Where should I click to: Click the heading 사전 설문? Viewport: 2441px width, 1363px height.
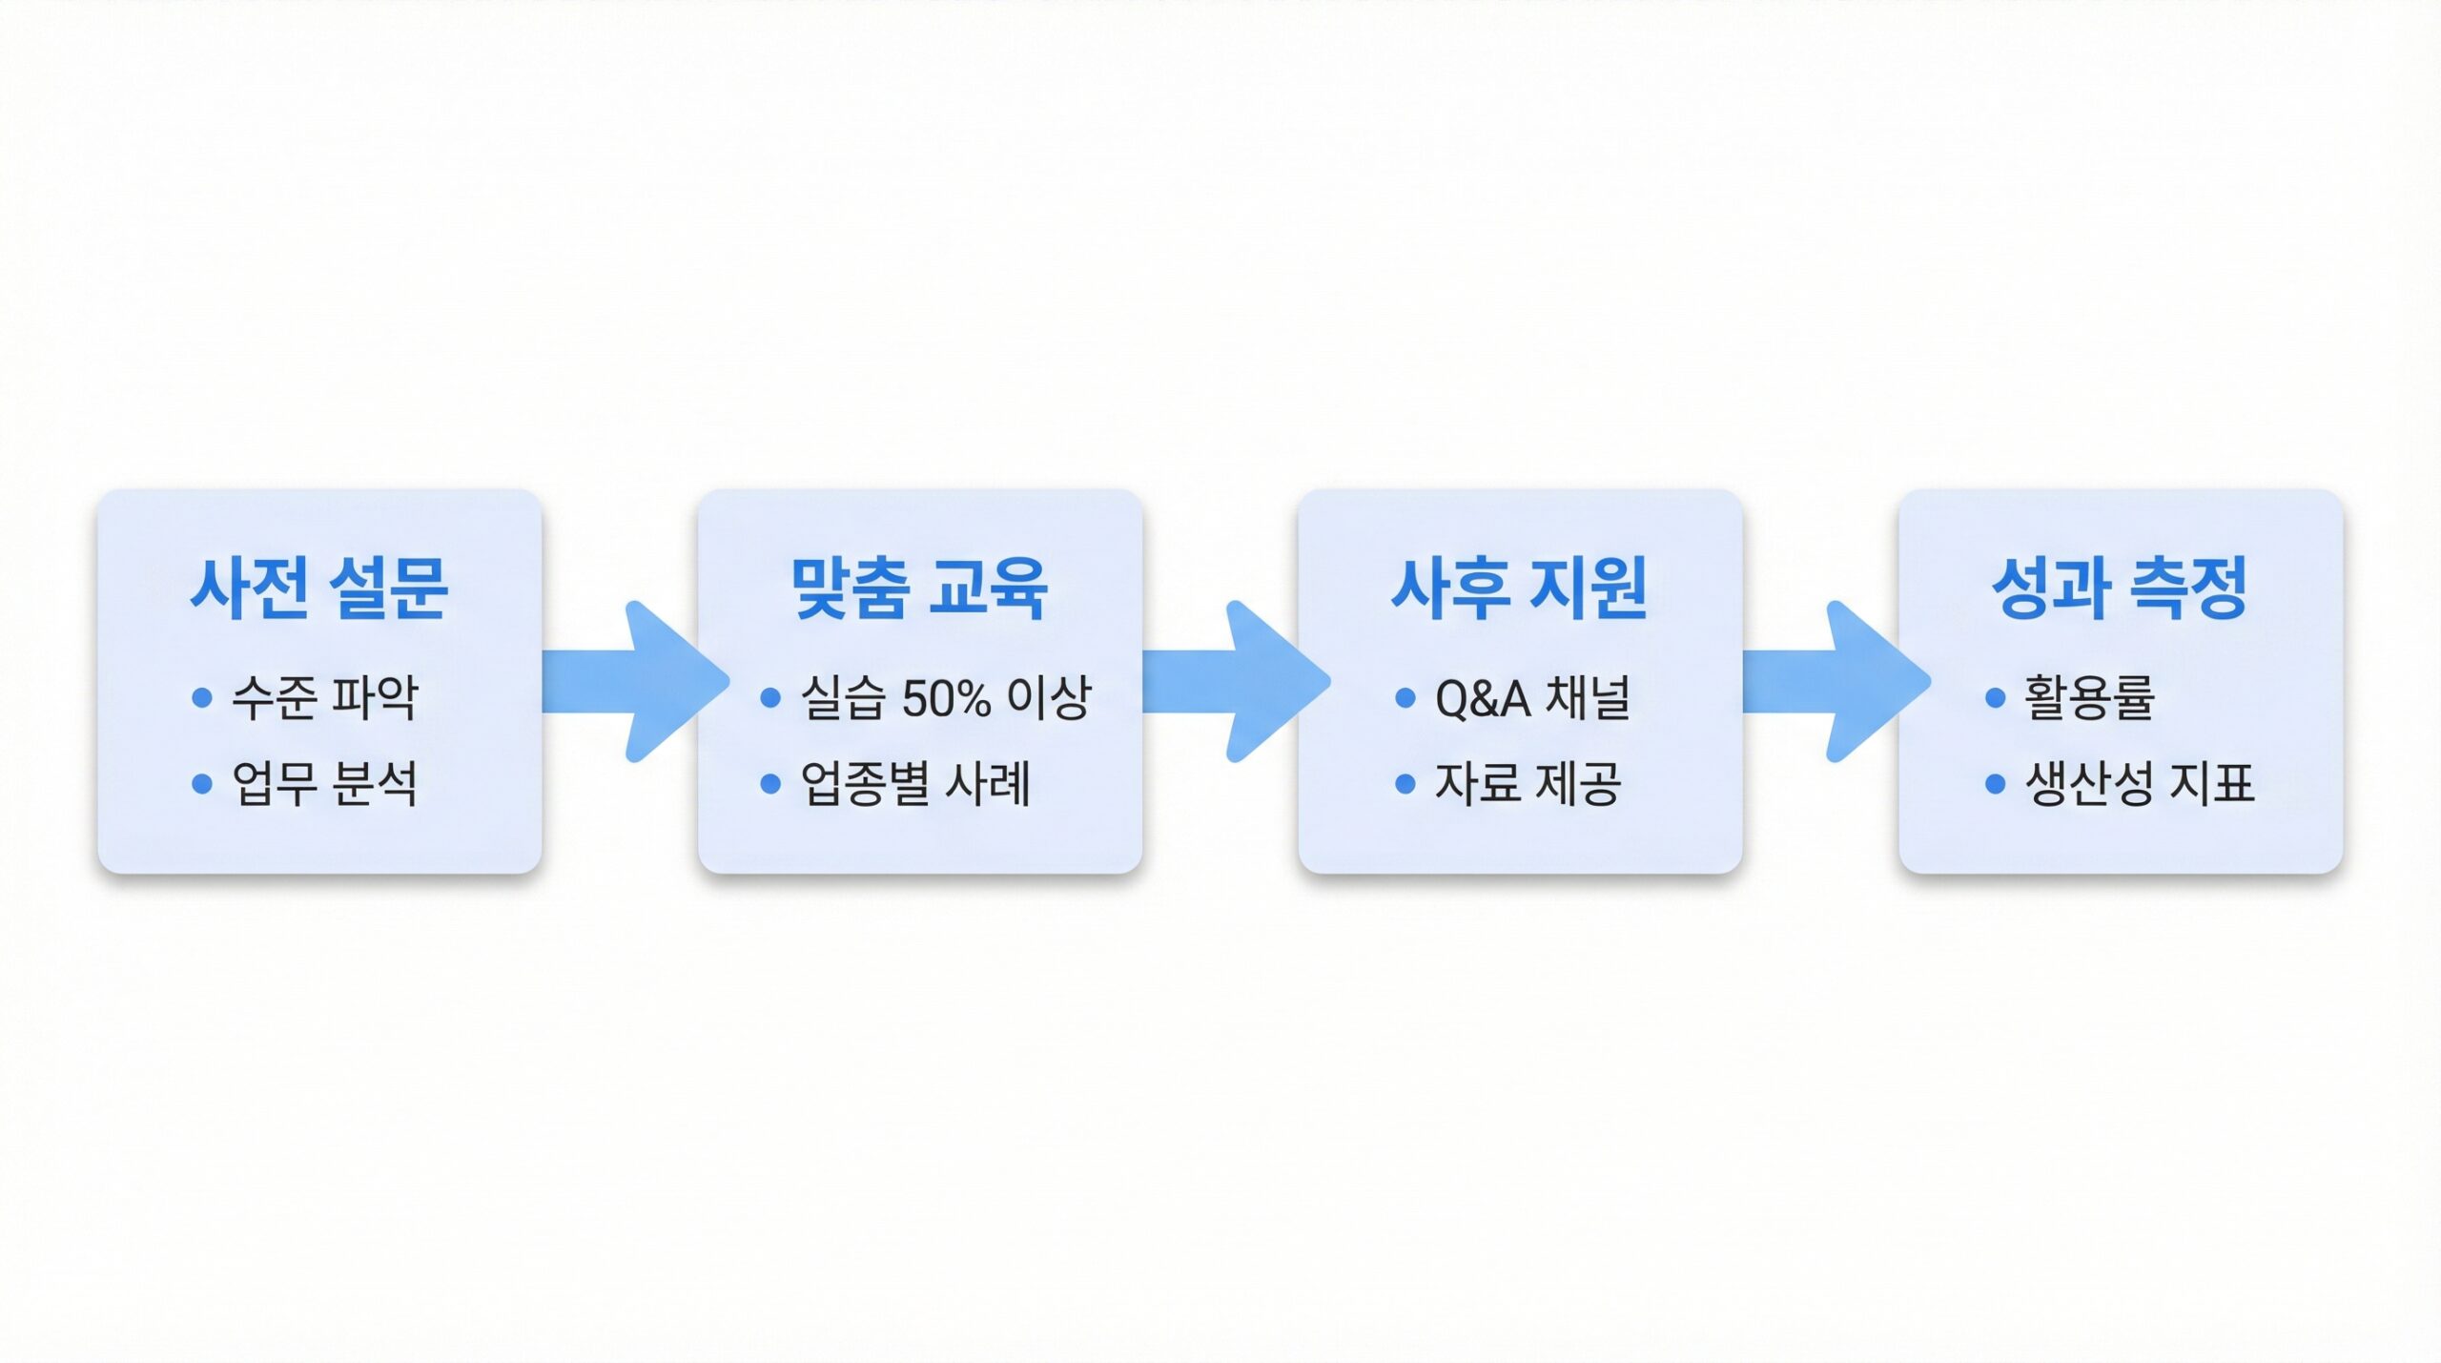coord(319,588)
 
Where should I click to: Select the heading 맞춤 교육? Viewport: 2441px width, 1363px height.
coord(920,588)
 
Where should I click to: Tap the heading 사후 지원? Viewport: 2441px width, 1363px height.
coord(1520,588)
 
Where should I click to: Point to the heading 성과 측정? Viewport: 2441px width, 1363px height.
coord(2120,588)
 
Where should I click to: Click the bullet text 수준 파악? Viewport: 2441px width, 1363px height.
coord(325,697)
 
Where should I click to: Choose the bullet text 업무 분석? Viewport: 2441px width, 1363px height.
coord(325,784)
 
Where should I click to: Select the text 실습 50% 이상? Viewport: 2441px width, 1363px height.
coord(945,697)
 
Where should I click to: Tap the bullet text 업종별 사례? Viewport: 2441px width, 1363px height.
coord(915,784)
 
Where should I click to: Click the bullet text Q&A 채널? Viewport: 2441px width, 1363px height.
coord(1532,697)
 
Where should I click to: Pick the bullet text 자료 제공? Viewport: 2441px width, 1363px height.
coord(1528,784)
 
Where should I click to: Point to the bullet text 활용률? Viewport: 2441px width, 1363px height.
coord(2089,697)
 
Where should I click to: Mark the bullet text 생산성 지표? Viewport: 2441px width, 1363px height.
coord(2140,784)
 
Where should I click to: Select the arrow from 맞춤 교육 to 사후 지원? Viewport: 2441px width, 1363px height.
coord(1237,681)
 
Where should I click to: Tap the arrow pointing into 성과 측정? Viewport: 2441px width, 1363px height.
coord(1836,681)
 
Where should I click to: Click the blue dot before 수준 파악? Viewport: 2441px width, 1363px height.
coord(201,698)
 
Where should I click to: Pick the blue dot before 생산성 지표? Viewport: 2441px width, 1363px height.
coord(1995,784)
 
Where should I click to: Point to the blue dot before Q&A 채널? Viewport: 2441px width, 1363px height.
coord(1405,698)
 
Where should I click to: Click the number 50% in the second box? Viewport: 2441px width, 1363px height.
coord(946,698)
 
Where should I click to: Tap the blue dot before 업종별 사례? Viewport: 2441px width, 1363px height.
coord(770,784)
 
